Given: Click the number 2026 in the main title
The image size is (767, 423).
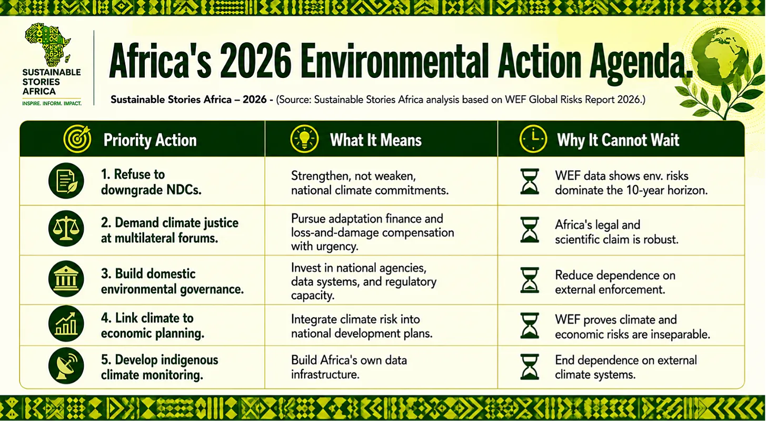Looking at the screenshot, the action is click(255, 61).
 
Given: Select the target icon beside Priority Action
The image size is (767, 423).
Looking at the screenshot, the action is click(77, 139).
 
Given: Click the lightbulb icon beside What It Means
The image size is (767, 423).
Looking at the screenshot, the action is click(304, 139).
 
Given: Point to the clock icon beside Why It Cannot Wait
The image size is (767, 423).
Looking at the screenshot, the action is click(533, 139).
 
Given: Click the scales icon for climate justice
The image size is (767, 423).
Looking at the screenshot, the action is click(66, 229).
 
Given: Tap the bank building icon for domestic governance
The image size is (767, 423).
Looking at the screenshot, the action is click(66, 279).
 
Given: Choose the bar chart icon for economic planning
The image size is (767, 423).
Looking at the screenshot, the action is click(66, 323).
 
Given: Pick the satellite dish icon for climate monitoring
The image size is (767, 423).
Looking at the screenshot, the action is click(66, 366).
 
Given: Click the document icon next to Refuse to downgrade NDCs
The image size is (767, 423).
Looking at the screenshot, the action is click(66, 181).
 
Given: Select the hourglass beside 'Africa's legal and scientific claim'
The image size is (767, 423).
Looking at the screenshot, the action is click(530, 230).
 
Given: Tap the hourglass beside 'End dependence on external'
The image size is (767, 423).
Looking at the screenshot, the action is click(530, 367).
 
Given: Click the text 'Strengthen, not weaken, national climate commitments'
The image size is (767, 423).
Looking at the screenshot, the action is click(370, 183).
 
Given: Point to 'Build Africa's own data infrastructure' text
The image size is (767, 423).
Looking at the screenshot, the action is click(349, 367).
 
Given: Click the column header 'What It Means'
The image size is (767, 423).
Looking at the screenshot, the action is click(376, 140).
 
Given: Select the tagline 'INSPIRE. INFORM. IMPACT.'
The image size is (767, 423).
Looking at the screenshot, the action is click(52, 103).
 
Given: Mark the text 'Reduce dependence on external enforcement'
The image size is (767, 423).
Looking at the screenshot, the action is click(615, 282).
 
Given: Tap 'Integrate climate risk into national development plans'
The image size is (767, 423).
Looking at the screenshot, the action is click(362, 326).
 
